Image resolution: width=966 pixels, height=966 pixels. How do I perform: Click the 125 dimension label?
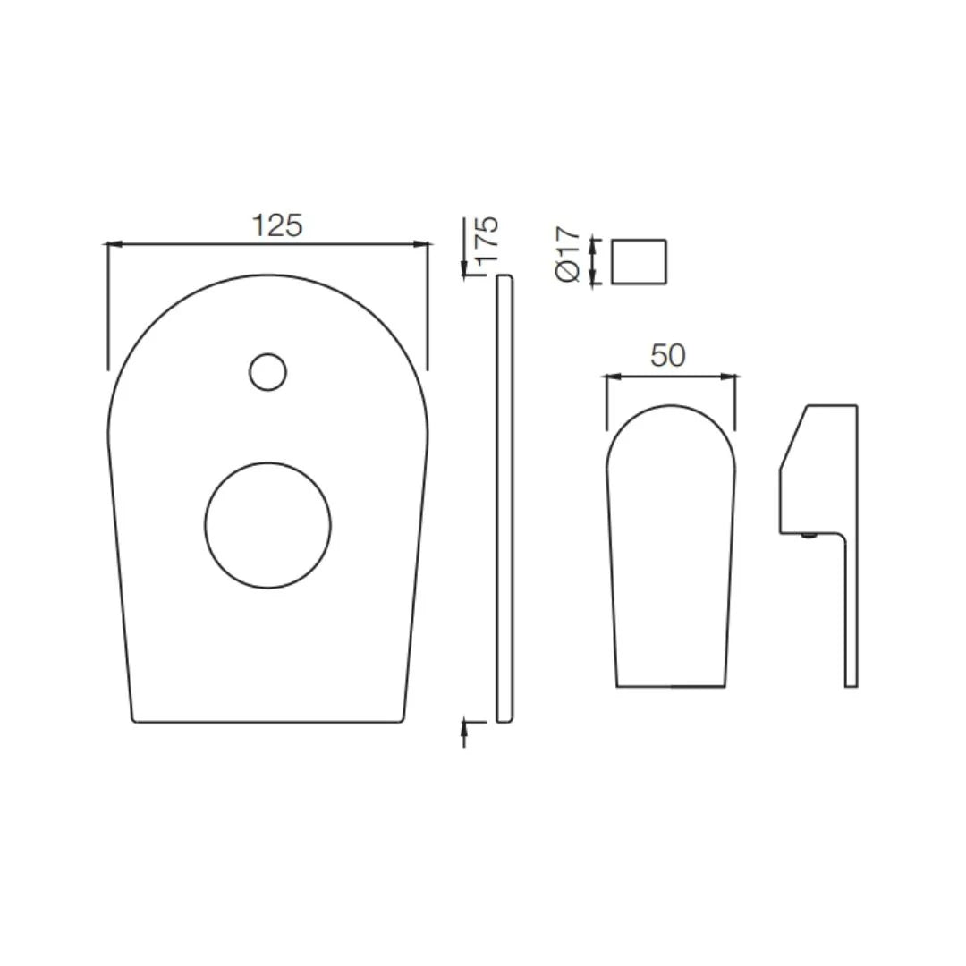(x=276, y=225)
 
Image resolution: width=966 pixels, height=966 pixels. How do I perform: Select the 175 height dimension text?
(x=487, y=240)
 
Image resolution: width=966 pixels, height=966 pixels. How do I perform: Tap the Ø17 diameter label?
(x=568, y=255)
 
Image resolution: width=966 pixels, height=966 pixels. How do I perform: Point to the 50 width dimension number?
(x=668, y=355)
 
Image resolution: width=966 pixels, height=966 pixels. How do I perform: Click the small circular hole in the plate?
(x=267, y=372)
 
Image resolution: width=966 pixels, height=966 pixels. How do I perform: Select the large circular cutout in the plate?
(x=267, y=525)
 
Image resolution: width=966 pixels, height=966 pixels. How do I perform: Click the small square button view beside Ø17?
(x=639, y=261)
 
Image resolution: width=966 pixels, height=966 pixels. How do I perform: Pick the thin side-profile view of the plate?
(x=504, y=497)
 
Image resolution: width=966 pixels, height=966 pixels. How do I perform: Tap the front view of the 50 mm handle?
(x=671, y=555)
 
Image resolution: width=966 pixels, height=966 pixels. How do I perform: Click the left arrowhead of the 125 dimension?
(x=113, y=243)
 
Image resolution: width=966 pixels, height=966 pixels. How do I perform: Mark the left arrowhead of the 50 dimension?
(x=612, y=377)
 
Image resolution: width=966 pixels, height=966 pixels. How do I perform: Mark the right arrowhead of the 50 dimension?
(x=731, y=377)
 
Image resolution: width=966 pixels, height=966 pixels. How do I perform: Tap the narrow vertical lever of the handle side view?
(x=851, y=617)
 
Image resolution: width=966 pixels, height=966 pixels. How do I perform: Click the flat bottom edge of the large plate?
(x=267, y=721)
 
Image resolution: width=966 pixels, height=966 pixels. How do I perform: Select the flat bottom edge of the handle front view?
(x=671, y=686)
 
